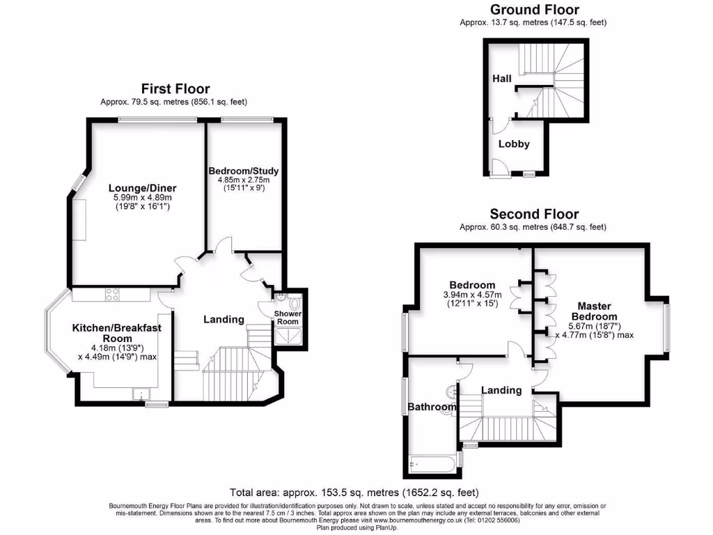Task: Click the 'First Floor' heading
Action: click(x=175, y=88)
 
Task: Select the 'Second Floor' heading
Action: click(x=533, y=214)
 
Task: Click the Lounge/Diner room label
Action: click(x=142, y=187)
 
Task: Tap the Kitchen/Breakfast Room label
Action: click(x=111, y=333)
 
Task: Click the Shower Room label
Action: click(x=288, y=318)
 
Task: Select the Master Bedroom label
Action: click(x=594, y=311)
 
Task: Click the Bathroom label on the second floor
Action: click(x=432, y=407)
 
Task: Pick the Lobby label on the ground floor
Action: click(x=514, y=144)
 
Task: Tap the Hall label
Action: click(x=502, y=78)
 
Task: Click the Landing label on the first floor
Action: click(x=224, y=319)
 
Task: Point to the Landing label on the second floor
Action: click(x=501, y=390)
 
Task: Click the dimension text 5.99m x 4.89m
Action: click(x=142, y=198)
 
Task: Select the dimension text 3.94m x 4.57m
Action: click(x=472, y=295)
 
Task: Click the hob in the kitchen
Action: click(x=111, y=295)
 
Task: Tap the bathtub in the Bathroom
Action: click(x=432, y=462)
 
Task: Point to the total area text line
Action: click(x=354, y=492)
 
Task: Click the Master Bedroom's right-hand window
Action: click(x=666, y=328)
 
